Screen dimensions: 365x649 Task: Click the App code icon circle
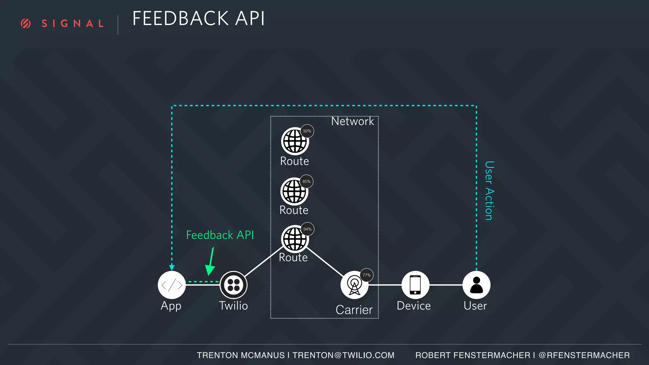tap(171, 285)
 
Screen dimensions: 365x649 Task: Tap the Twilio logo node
tap(234, 285)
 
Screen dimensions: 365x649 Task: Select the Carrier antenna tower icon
tap(354, 285)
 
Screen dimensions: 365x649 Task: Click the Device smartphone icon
tap(415, 285)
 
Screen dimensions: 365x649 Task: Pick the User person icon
tap(476, 285)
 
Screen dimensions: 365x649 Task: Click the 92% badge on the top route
tap(307, 131)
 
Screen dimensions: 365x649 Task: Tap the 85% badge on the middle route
tap(306, 182)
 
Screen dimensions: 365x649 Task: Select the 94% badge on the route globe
tap(307, 229)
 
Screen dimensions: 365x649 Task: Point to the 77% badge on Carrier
tap(366, 275)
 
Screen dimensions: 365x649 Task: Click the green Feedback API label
tap(220, 235)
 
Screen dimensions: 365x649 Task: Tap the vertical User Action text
tap(489, 190)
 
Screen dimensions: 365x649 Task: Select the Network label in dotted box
tap(352, 121)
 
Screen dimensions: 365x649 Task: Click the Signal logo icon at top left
tap(26, 23)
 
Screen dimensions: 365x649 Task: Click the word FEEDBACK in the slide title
tap(180, 18)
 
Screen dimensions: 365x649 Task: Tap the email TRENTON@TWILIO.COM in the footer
tap(343, 355)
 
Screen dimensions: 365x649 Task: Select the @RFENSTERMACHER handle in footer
tap(584, 355)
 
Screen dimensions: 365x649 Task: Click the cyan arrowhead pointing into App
tap(172, 268)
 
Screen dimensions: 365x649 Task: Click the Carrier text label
tap(354, 310)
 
